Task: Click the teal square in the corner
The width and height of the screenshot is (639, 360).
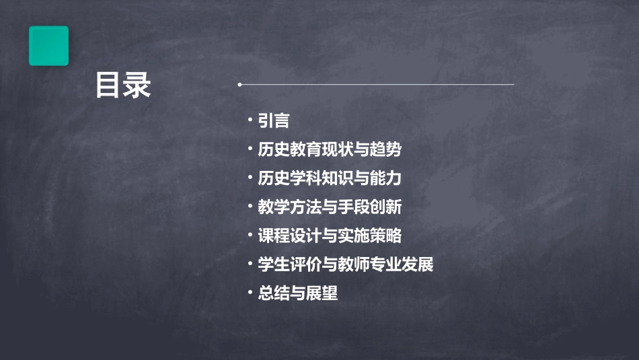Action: tap(48, 46)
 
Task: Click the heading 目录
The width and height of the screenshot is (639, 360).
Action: tap(122, 85)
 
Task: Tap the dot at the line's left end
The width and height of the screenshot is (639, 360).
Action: tap(239, 85)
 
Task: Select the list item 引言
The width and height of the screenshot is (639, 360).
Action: tap(274, 120)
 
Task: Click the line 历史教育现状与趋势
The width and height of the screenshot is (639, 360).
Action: tap(330, 149)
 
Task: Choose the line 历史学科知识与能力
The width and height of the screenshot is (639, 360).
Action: tap(330, 178)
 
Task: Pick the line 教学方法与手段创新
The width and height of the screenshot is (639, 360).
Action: tap(330, 207)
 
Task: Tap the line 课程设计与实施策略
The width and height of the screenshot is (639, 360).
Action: tap(330, 236)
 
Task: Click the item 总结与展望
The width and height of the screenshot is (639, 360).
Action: tap(297, 293)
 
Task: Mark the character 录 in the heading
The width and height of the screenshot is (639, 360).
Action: tap(137, 85)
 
